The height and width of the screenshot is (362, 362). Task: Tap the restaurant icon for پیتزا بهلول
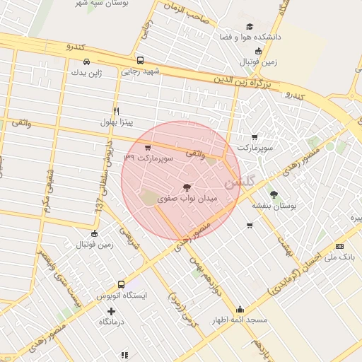coord(117,111)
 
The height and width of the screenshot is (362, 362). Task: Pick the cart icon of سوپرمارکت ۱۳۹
coord(147,148)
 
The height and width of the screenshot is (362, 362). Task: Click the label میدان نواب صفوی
coord(187,200)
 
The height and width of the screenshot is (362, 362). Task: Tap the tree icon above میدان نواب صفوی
coord(187,187)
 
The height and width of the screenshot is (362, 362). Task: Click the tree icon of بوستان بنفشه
coord(274,194)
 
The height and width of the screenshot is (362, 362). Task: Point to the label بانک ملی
coord(337,258)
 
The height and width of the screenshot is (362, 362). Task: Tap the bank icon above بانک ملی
coord(340,246)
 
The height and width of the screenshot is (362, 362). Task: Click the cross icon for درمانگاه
coord(111,311)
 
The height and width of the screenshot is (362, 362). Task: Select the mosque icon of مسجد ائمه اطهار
coord(240,309)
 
